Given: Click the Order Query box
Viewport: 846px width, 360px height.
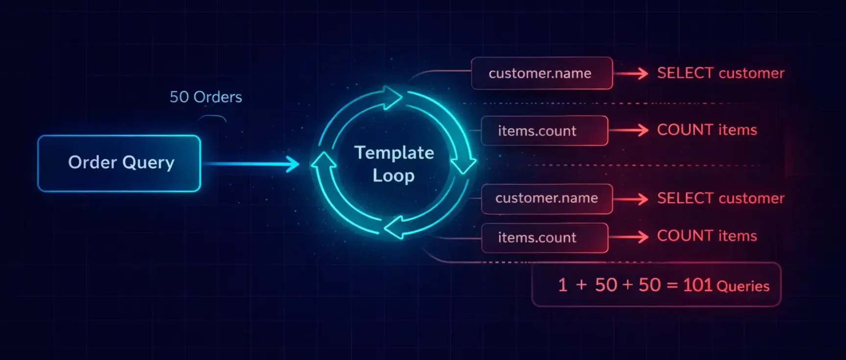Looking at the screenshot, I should click(x=119, y=163).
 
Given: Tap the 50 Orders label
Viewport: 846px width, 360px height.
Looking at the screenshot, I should click(x=206, y=97).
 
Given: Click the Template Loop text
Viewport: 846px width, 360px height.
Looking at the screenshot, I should click(x=394, y=164).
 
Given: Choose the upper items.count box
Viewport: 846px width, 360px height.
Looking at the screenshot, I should click(x=544, y=131).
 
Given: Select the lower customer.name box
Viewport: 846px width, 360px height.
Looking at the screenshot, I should click(x=546, y=198).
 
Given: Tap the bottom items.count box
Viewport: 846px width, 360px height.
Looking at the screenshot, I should click(x=544, y=238).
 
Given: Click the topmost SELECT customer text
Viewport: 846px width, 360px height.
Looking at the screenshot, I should click(x=720, y=73).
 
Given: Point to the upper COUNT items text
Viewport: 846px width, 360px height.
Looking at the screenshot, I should click(x=706, y=130).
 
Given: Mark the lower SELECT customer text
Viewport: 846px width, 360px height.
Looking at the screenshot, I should click(x=720, y=198).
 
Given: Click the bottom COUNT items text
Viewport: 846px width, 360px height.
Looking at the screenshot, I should click(x=706, y=236).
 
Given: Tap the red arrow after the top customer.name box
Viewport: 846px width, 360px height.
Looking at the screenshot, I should click(x=632, y=73).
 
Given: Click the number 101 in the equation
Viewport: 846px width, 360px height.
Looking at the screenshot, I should click(x=697, y=285).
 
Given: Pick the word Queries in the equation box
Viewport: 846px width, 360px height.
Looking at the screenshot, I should click(x=743, y=287).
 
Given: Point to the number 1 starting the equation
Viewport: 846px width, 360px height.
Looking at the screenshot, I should click(x=563, y=285).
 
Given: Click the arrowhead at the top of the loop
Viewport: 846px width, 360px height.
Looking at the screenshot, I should click(x=392, y=97).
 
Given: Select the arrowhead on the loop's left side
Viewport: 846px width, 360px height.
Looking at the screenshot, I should click(x=324, y=162).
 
